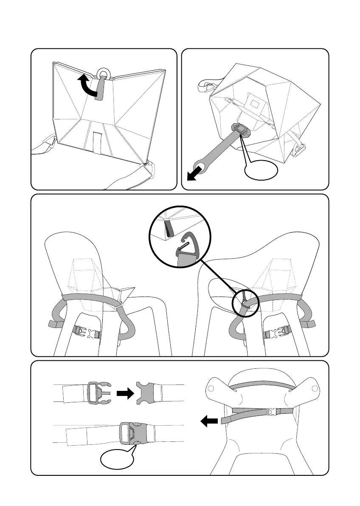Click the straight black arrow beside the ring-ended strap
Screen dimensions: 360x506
[195, 174]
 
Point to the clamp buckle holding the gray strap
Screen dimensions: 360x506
[241, 130]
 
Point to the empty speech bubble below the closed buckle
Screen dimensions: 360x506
[116, 460]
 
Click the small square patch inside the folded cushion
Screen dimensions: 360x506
[256, 102]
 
